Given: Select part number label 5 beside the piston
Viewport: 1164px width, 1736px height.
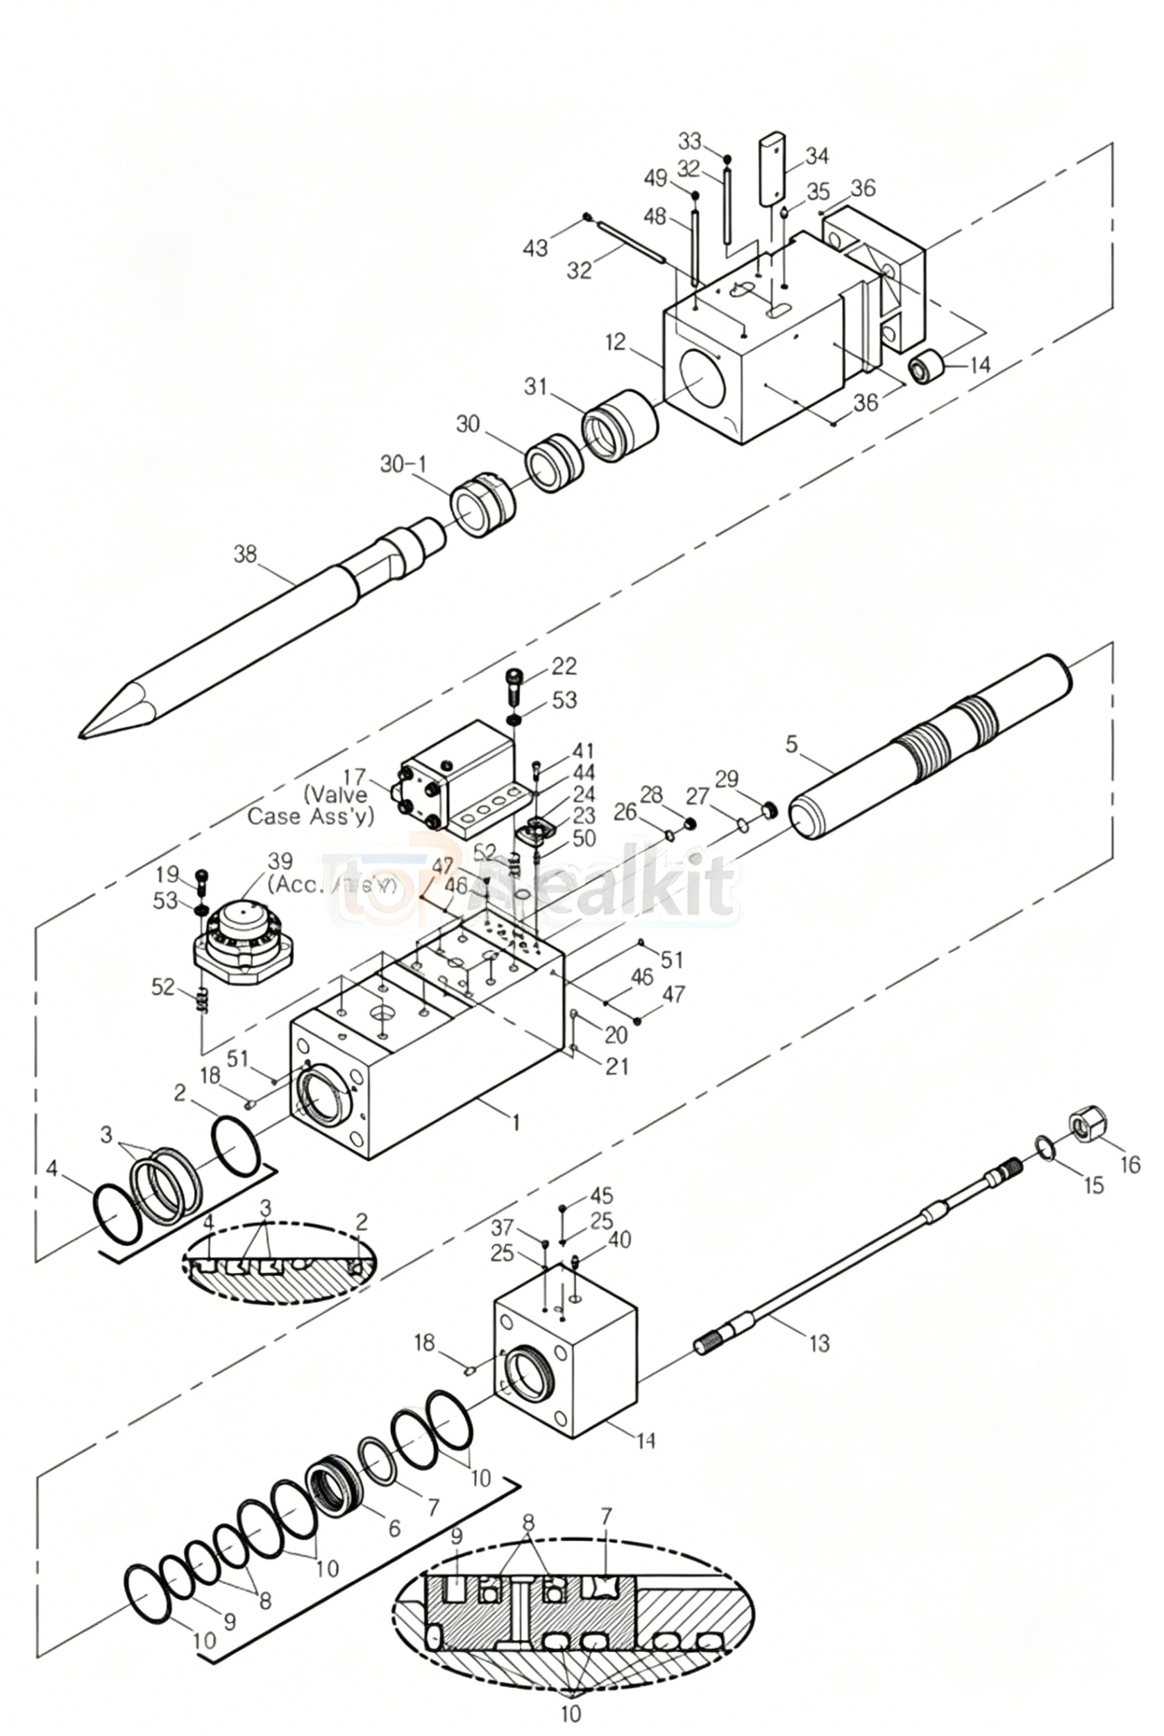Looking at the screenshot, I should point(791,743).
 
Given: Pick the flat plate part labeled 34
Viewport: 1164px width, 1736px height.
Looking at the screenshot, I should point(773,169).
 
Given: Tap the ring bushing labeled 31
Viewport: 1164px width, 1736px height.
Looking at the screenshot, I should point(621,425).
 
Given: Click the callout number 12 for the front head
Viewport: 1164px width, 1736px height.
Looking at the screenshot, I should point(616,343).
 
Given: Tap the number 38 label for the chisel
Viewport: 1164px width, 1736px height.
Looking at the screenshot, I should point(245,554).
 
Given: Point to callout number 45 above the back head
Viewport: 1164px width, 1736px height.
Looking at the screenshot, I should point(602,1196).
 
